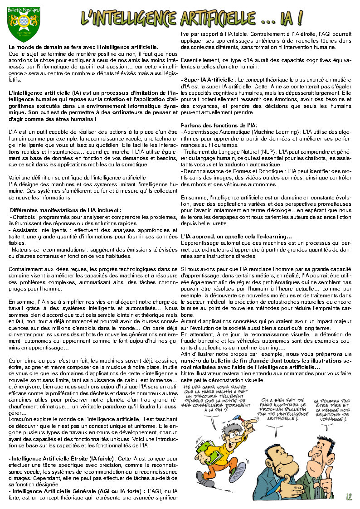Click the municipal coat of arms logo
pyautogui.click(x=24, y=22)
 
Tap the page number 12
pyautogui.click(x=349, y=497)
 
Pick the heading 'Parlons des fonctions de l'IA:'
pyautogui.click(x=219, y=125)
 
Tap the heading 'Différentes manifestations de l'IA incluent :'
pyautogui.click(x=66, y=210)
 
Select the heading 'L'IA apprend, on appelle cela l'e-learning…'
pyautogui.click(x=236, y=237)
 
